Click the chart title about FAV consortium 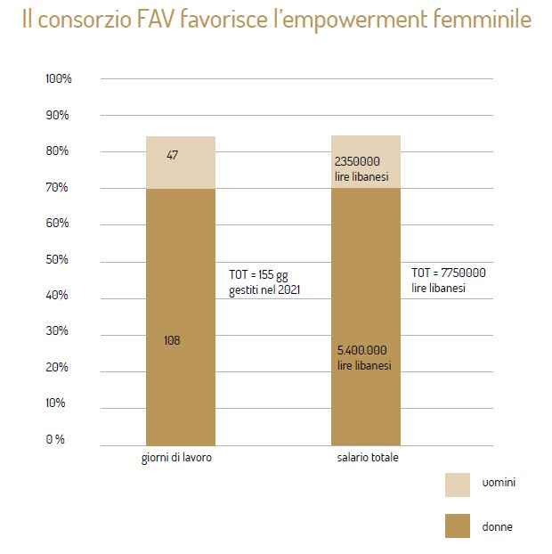[x=277, y=20]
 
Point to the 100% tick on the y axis [x=58, y=79]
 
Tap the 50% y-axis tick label [x=58, y=259]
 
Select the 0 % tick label [x=55, y=439]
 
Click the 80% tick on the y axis [x=58, y=151]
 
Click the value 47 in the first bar [x=173, y=155]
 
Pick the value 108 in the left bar [x=173, y=339]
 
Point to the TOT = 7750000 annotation [x=448, y=280]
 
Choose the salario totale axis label [x=368, y=458]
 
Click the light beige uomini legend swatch [x=457, y=484]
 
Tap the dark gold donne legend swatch [x=457, y=525]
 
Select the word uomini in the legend [x=500, y=483]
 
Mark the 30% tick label [x=58, y=331]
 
